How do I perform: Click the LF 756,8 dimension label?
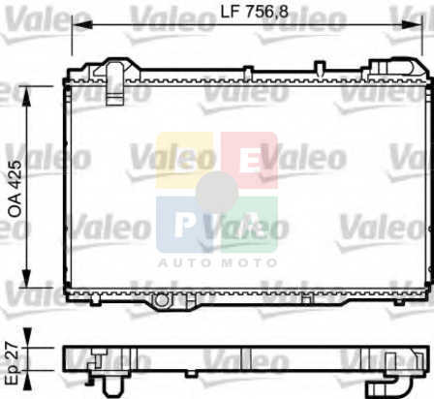[254, 12]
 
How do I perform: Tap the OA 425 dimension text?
[15, 189]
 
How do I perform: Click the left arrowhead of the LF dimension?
[82, 24]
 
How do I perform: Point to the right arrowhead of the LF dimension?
[412, 24]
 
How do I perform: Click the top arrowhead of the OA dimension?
[26, 96]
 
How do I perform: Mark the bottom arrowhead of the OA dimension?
[26, 277]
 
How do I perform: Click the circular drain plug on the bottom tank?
[162, 300]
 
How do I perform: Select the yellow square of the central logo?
[184, 160]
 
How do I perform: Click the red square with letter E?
[249, 160]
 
